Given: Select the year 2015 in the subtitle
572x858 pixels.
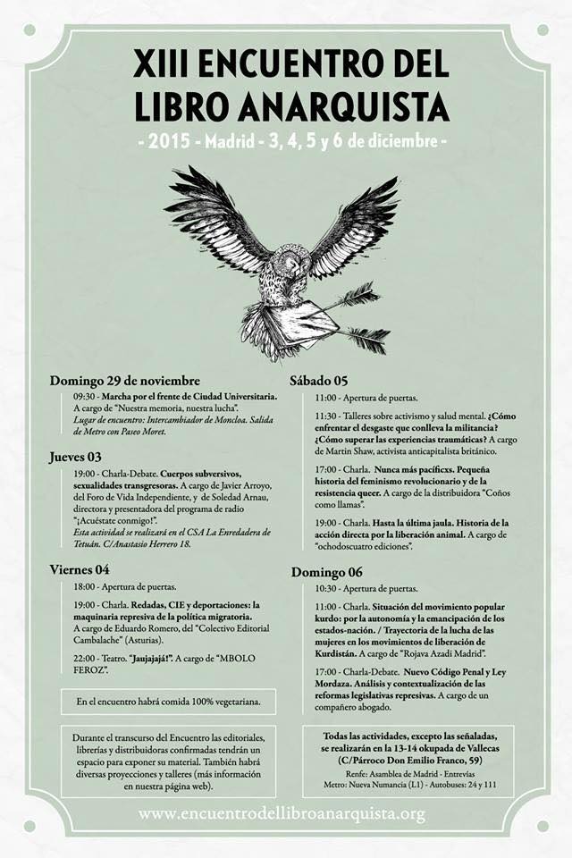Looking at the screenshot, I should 171,141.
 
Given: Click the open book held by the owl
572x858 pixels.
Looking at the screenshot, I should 282,322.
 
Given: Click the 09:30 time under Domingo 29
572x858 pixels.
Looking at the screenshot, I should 84,395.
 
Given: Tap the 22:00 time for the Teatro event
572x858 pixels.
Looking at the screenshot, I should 84,652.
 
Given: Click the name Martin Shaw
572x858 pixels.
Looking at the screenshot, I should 361,452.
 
